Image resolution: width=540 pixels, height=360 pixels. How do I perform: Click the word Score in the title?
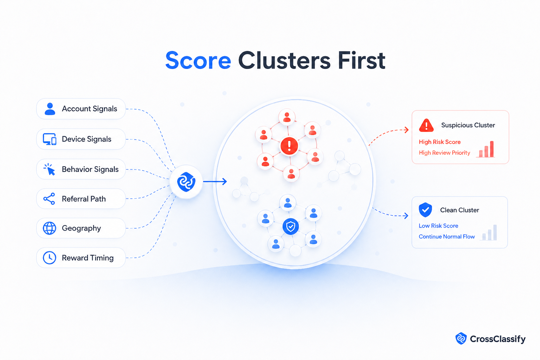(198, 60)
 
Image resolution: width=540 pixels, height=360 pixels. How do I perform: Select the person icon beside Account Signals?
(50, 109)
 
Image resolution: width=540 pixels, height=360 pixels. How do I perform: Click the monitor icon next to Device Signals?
(50, 139)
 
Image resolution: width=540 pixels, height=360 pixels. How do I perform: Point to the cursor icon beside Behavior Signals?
(50, 169)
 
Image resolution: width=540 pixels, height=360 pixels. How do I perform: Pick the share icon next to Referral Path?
(49, 199)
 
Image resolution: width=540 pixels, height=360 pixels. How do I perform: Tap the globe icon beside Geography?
(50, 228)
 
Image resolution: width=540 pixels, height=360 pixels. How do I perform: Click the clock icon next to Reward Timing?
(50, 258)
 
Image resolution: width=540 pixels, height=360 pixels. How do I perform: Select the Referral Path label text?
(84, 199)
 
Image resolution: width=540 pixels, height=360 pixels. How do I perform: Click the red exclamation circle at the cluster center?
(289, 146)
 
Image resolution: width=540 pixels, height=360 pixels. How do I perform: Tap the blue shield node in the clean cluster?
(290, 227)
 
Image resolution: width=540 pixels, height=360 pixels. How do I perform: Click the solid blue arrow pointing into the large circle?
(215, 181)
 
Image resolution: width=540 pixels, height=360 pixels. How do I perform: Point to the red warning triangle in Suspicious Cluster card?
(426, 126)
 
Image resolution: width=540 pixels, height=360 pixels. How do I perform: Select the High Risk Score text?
(440, 142)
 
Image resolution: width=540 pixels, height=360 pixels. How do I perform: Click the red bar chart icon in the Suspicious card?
(486, 149)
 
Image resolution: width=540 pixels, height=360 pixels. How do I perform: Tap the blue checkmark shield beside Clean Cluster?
(425, 210)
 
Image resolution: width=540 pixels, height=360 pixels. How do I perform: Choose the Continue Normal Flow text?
(447, 237)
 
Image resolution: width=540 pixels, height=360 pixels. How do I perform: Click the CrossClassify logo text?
(497, 339)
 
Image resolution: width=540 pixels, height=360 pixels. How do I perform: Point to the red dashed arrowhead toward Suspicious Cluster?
(406, 130)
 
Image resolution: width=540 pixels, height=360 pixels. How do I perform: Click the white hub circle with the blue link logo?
(186, 182)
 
